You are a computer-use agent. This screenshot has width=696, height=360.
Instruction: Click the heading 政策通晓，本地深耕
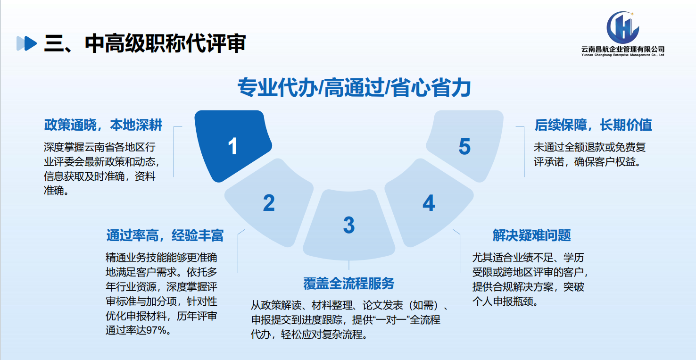point(103,125)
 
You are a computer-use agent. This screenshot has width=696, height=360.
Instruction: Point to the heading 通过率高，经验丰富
point(165,235)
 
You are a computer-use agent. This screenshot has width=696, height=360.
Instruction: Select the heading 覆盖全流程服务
point(348,283)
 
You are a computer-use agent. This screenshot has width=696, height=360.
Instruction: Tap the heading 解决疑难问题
point(531,235)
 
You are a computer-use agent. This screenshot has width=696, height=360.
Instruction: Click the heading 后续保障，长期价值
point(593,125)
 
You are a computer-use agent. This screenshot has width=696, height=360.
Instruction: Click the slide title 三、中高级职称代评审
point(145,43)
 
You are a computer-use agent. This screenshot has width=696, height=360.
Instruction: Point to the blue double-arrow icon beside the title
point(26,43)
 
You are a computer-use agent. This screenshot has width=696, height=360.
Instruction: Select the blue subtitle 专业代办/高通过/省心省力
point(354,88)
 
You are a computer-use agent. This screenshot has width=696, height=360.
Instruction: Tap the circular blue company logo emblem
point(622,27)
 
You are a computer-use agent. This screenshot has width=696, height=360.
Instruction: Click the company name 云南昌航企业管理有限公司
point(622,49)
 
